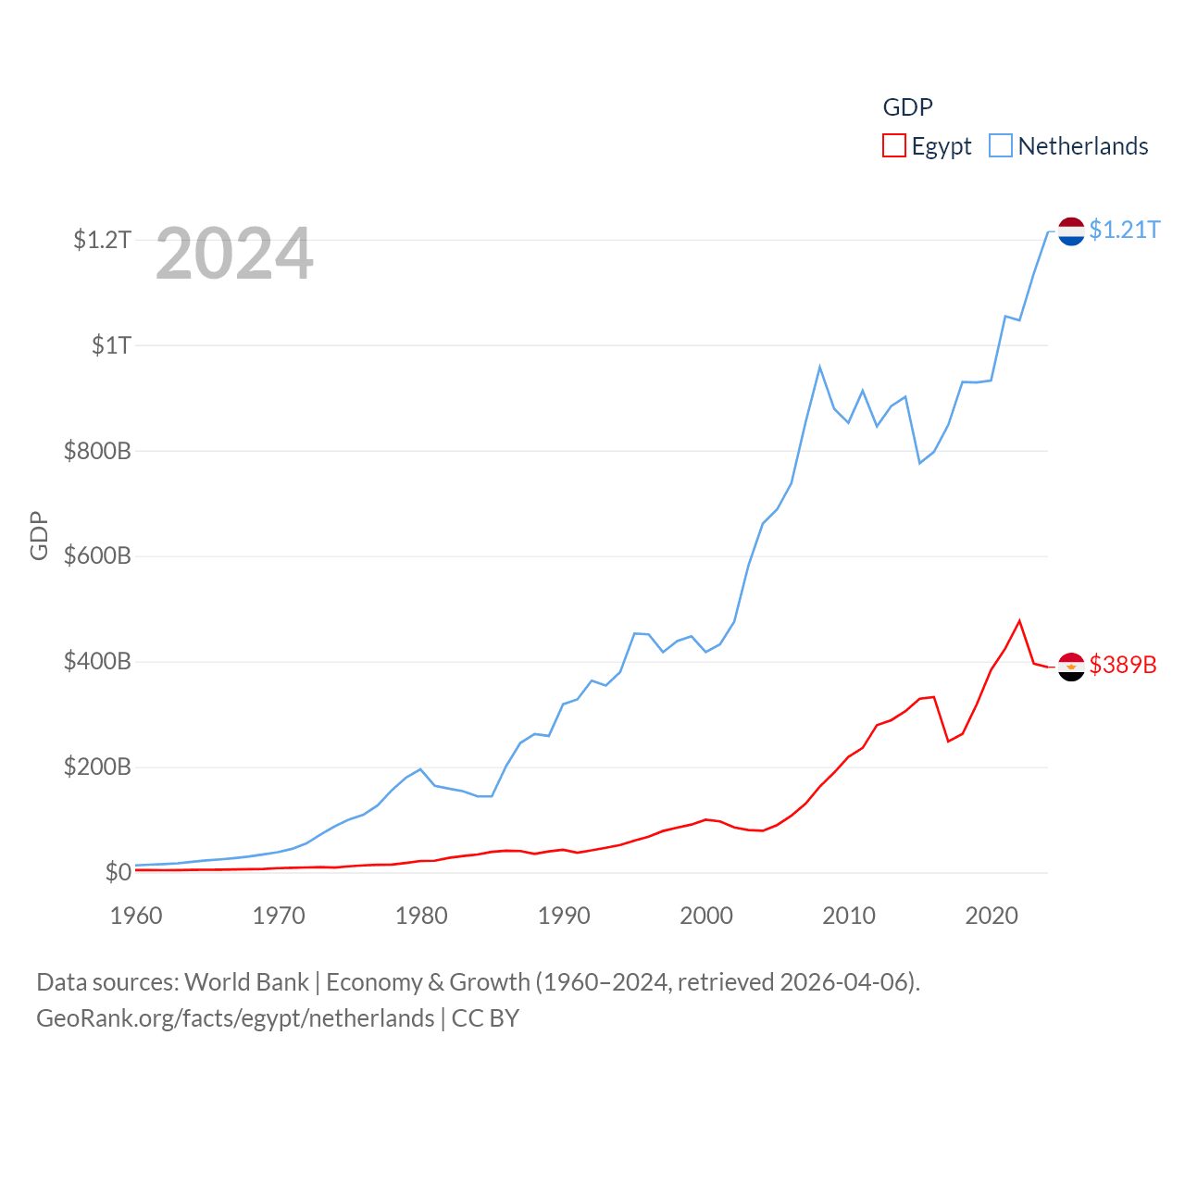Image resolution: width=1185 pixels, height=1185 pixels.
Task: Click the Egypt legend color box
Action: tap(893, 146)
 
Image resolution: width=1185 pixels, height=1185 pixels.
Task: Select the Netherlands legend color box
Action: tap(1001, 146)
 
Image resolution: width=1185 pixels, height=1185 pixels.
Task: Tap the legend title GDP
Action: tap(907, 107)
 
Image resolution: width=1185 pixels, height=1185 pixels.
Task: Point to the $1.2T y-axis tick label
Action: tap(102, 241)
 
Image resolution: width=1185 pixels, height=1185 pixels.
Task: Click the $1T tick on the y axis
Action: tap(111, 346)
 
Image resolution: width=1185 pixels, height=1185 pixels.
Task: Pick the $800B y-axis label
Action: tap(97, 452)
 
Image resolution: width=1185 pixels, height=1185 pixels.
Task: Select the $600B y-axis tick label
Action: tap(97, 556)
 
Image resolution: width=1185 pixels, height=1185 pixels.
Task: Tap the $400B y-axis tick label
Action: tap(97, 662)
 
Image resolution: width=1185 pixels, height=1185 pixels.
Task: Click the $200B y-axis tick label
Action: tap(97, 767)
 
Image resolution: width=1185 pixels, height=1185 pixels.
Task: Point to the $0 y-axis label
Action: tap(118, 873)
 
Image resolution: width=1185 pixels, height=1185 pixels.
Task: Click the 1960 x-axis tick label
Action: tap(136, 916)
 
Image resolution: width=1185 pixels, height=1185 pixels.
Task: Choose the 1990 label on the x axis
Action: tap(564, 916)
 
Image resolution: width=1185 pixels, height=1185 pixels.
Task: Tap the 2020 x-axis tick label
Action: tap(992, 916)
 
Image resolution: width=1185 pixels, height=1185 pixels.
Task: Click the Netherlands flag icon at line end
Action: tap(1071, 231)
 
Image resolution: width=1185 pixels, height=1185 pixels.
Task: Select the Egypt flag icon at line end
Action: tap(1071, 667)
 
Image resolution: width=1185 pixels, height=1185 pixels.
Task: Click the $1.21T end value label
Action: tap(1125, 230)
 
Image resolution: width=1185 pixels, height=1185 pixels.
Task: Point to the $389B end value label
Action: tap(1123, 665)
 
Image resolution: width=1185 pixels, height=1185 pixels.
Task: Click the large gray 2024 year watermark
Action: tap(234, 254)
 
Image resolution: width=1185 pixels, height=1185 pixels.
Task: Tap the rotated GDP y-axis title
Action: tap(39, 535)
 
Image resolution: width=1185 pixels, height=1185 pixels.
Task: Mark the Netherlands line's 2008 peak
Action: tap(819, 368)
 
